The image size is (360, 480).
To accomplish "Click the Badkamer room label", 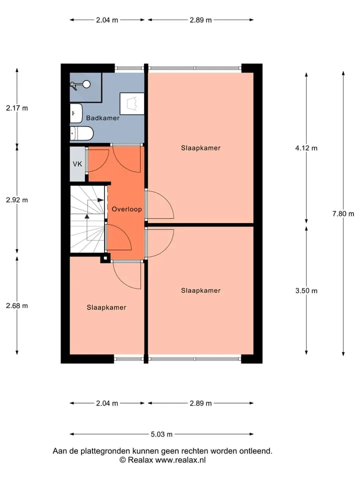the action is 102,118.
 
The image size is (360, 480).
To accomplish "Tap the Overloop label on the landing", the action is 126,209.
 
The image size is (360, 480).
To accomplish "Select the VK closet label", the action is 77,164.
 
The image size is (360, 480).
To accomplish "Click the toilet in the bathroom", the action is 81,133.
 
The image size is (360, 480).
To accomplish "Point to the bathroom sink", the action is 76,113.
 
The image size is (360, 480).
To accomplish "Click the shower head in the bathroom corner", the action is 80,85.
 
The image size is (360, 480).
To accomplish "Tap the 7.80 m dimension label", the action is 343,213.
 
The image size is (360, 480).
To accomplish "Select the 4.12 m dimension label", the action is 306,148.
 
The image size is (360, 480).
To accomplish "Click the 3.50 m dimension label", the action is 306,290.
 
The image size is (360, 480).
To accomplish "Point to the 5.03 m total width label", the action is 161,434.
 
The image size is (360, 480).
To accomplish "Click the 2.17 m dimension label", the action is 17,108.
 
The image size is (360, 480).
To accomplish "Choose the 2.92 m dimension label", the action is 17,200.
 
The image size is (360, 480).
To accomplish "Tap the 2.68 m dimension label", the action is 17,305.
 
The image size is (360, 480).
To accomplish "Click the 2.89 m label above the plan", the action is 200,20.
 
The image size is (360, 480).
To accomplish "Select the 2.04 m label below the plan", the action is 107,403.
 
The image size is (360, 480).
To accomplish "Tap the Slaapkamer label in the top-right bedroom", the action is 200,148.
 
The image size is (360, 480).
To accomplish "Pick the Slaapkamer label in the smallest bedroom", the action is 106,307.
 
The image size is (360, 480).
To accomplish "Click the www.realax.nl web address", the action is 180,460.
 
